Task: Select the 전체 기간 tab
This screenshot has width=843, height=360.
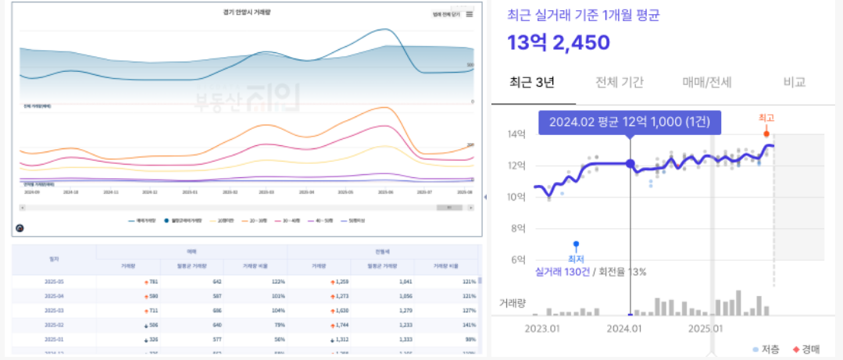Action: point(619,82)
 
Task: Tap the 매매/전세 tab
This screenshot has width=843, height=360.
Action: point(706,82)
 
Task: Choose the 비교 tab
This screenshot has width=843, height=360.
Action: point(794,82)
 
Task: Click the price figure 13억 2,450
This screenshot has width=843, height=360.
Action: point(558,43)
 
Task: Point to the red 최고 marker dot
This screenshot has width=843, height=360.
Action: point(766,134)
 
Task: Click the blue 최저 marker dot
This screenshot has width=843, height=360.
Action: point(576,244)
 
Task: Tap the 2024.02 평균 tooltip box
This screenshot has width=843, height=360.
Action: point(630,122)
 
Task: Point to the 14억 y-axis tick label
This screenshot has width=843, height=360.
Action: point(516,134)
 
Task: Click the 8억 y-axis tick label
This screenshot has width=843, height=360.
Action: point(516,229)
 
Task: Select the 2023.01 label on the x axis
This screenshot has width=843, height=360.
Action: point(543,329)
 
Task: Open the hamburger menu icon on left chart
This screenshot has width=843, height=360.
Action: point(470,14)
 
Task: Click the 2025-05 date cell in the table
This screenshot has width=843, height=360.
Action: point(54,281)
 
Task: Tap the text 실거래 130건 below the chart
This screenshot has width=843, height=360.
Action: point(562,272)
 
